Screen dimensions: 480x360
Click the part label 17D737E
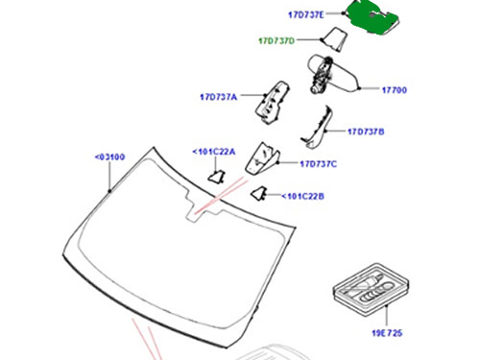click(x=306, y=14)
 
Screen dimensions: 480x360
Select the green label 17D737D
click(x=276, y=41)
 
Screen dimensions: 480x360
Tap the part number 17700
click(x=395, y=90)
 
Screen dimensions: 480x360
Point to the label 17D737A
click(x=219, y=97)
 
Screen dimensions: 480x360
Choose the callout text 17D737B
click(x=366, y=132)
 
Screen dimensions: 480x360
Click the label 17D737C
click(x=319, y=164)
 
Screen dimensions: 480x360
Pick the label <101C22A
click(x=214, y=152)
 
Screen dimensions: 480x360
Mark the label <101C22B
click(x=302, y=196)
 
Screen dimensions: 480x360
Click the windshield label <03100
click(x=109, y=157)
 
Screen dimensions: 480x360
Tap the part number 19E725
click(x=387, y=333)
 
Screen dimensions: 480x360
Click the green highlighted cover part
click(x=372, y=17)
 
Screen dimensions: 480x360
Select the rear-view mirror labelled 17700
click(x=333, y=74)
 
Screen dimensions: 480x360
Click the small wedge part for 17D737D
click(x=335, y=39)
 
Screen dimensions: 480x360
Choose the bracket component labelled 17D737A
click(x=272, y=102)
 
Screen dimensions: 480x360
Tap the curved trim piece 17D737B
click(x=318, y=128)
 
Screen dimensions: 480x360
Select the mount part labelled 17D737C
click(x=262, y=159)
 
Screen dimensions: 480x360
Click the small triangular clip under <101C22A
click(x=217, y=177)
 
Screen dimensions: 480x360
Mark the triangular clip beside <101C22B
click(x=258, y=194)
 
